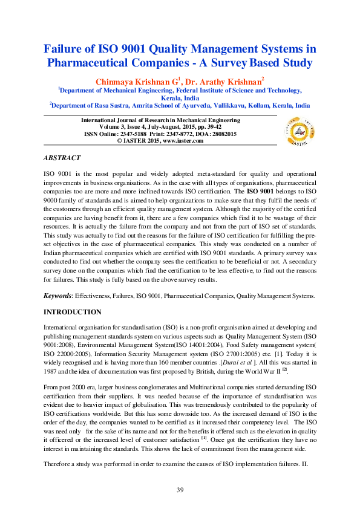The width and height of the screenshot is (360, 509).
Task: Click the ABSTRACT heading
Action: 61,158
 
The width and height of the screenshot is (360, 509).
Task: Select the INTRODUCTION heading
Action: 72,312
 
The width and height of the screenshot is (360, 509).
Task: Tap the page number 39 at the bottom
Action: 180,490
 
